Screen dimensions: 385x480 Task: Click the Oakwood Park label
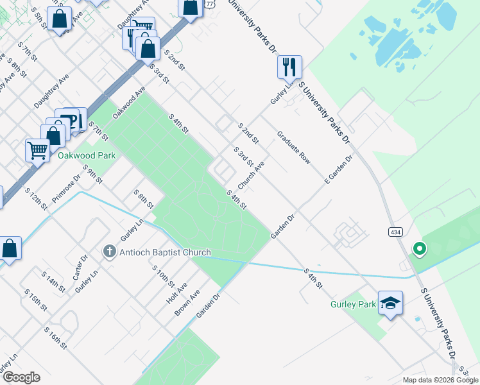86,155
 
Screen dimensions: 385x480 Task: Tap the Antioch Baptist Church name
166,252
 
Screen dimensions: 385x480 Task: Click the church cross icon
110,252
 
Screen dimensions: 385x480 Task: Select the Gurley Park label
353,304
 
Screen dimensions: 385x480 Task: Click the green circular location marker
420,248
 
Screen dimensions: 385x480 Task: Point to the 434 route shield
395,230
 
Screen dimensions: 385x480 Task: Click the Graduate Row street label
294,148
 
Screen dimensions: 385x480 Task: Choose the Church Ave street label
251,175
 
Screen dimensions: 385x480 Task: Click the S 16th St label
56,338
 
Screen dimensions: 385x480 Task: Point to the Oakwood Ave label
129,102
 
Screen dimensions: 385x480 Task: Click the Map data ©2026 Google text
440,380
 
